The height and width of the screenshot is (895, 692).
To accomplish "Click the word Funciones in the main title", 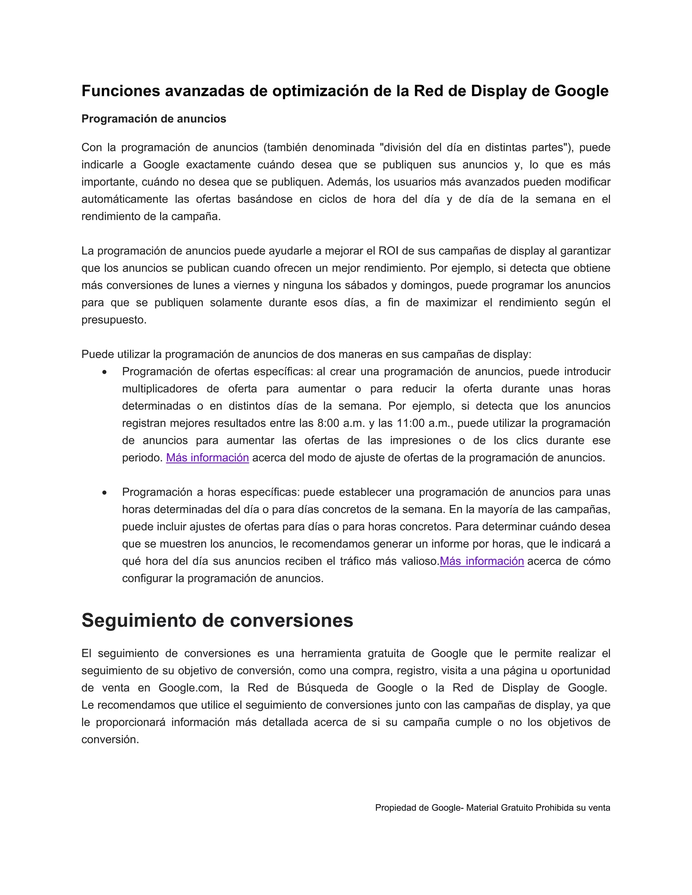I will click(121, 91).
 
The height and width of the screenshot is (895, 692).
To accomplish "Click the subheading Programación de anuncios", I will click(154, 119).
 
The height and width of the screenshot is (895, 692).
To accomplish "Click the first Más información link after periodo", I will click(207, 458).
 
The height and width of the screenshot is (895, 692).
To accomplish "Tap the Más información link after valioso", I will click(482, 561).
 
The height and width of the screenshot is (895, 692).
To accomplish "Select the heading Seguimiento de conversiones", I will click(217, 620).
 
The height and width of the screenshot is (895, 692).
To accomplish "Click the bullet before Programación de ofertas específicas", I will click(105, 372).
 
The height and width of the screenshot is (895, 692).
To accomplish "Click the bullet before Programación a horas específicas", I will click(105, 492).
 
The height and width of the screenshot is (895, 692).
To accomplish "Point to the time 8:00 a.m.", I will click(341, 423).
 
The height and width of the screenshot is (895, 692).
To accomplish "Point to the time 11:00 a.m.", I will click(424, 423).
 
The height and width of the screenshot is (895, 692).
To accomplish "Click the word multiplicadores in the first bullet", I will click(160, 389).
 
